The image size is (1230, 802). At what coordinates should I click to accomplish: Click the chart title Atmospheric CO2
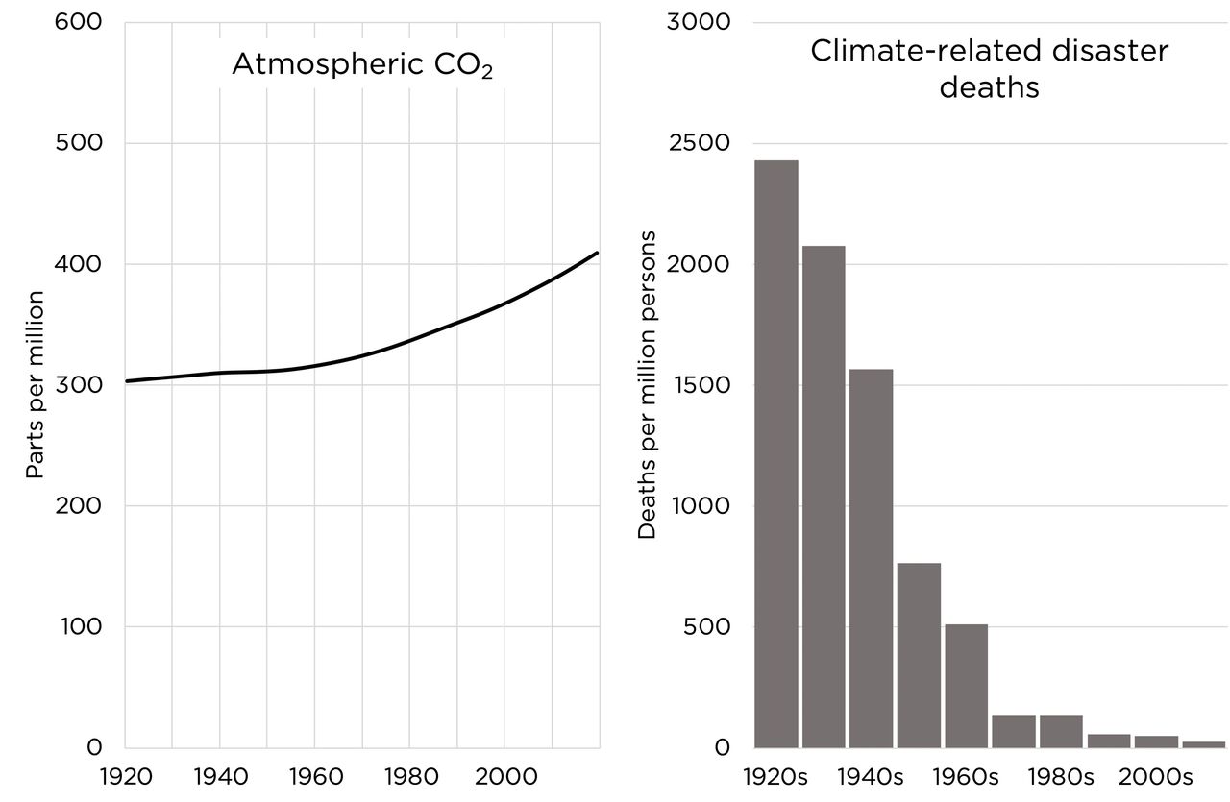pos(362,65)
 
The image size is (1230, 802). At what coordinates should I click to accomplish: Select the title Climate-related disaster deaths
pos(989,68)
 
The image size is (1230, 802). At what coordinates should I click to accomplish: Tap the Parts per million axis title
pos(36,384)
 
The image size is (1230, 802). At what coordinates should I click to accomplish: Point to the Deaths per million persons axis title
pos(647,384)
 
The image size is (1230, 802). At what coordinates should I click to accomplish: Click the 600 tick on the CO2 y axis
pos(81,22)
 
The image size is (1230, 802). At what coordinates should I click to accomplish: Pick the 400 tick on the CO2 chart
pos(81,264)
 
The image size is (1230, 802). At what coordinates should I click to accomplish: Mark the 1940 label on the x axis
pos(220,776)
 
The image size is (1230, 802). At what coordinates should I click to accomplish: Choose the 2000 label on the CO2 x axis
pos(504,776)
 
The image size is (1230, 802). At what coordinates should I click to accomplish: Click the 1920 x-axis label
pos(125,776)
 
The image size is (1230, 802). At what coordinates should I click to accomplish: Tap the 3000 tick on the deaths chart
pos(700,22)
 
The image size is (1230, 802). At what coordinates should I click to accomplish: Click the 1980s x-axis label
pos(1062,776)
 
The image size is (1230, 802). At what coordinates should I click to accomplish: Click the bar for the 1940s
pos(871,558)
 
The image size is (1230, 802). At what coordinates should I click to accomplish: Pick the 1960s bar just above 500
pos(966,686)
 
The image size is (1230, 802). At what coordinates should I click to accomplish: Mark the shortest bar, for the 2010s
pos(1203,744)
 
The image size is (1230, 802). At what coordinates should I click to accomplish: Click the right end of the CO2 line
pos(598,253)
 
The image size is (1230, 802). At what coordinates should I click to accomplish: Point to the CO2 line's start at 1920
pos(126,381)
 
